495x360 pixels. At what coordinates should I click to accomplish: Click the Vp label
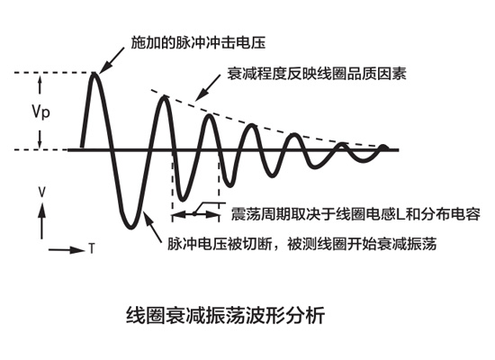pos(40,112)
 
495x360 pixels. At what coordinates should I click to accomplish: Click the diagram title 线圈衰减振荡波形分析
pos(225,315)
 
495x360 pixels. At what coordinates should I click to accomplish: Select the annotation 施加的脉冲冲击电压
pos(198,43)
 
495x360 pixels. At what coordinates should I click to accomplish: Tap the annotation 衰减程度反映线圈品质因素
pos(317,74)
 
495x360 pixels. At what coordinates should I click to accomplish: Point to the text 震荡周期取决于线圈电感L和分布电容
pos(355,214)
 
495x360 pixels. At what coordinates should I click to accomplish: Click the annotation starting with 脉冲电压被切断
pos(301,244)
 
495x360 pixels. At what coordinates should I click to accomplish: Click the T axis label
pos(92,248)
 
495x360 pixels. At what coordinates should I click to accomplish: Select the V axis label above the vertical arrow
pos(41,192)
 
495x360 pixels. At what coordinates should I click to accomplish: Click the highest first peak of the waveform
pos(94,74)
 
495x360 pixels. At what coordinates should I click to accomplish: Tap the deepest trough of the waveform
pos(130,227)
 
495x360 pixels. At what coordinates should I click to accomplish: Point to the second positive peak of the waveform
pos(164,97)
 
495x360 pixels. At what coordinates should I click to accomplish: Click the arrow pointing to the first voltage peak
pos(112,59)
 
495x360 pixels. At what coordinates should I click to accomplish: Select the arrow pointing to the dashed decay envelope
pos(208,87)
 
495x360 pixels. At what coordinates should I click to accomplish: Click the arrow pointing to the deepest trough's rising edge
pos(152,227)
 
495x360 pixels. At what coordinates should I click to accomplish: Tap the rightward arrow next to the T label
pos(67,250)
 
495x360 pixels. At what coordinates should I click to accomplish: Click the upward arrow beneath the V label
pos(41,220)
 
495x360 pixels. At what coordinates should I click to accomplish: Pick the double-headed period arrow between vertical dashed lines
pos(195,215)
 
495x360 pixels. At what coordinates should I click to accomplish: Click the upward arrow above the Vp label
pos(40,85)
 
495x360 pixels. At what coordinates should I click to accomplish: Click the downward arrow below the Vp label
pos(40,139)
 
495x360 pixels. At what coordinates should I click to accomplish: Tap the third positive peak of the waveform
pos(209,116)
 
